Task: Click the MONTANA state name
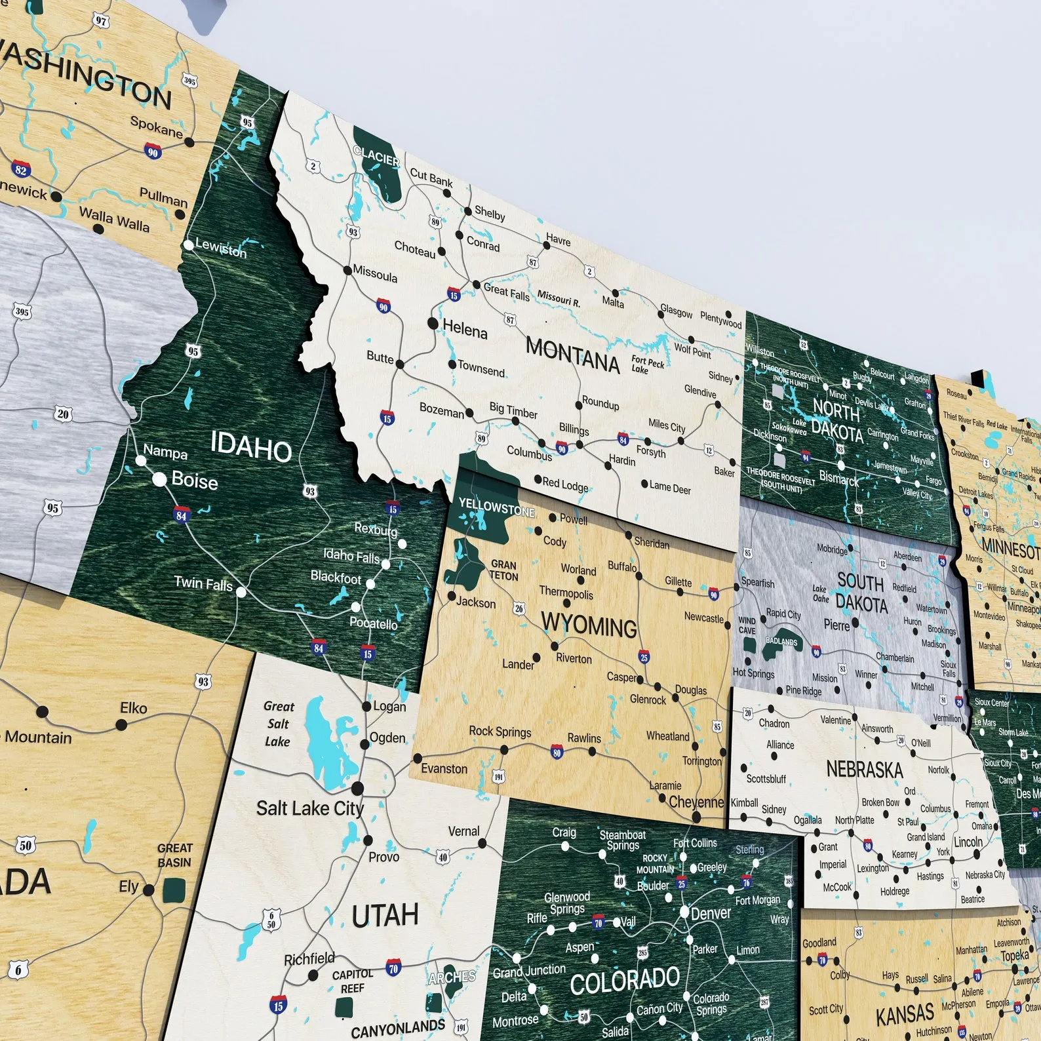pos(572,355)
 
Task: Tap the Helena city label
pos(465,329)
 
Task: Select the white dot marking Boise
pos(159,479)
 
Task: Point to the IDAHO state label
pos(251,447)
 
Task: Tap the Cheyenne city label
pos(696,802)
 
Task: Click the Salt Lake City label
pos(309,808)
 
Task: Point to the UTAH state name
pos(385,915)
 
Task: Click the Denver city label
pos(711,913)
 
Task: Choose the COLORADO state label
pos(624,981)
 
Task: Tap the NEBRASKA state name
pos(864,769)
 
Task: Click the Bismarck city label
pos(838,479)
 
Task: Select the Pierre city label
pos(836,625)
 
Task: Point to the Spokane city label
pos(156,127)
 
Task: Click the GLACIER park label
pos(376,157)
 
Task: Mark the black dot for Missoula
pos(347,269)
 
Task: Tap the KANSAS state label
pos(905,1014)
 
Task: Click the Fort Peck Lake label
pos(647,364)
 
